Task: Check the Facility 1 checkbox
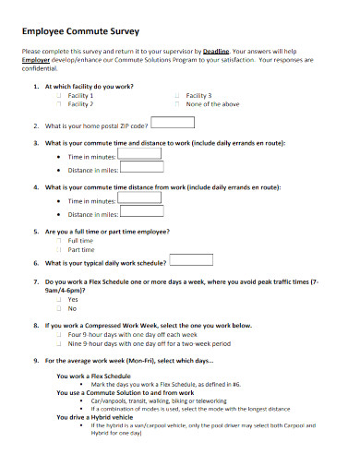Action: tap(58, 96)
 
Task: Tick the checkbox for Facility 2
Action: tap(58, 104)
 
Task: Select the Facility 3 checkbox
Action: tap(176, 96)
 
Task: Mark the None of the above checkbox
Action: tap(176, 104)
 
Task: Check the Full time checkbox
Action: tap(58, 241)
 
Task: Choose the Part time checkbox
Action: tap(58, 249)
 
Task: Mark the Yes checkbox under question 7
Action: tap(58, 299)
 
